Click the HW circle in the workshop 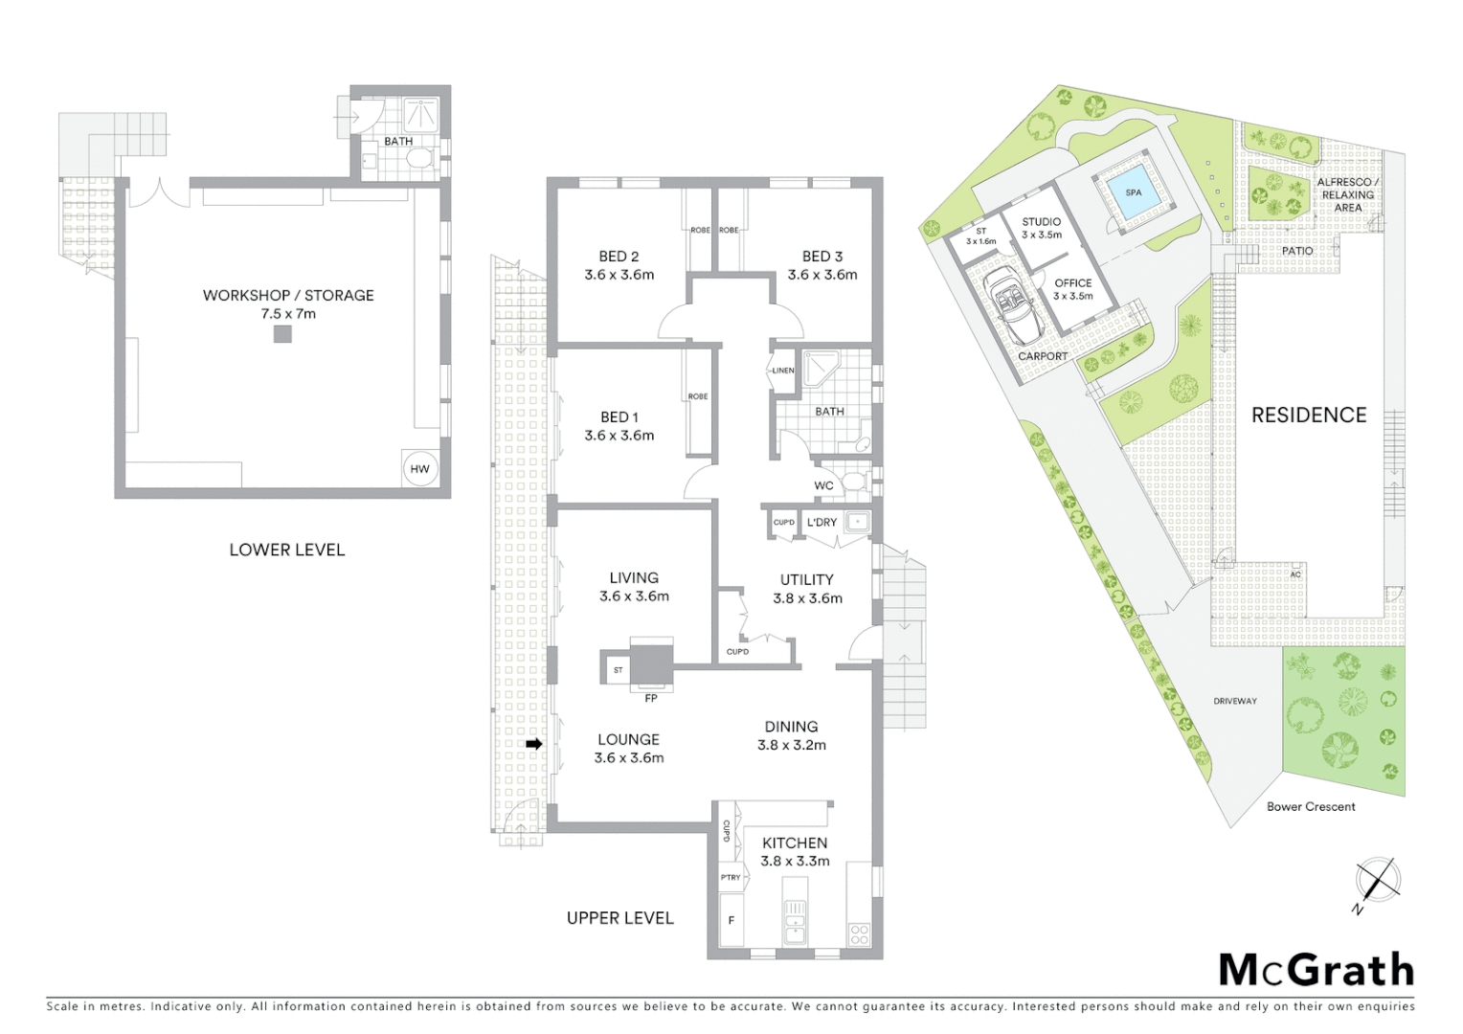(x=419, y=468)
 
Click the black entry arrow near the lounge (x=534, y=744)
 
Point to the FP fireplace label (x=651, y=698)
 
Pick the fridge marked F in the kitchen (x=731, y=920)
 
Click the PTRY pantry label (x=731, y=877)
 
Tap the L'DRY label (x=822, y=522)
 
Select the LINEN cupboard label (x=783, y=371)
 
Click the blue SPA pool (x=1134, y=193)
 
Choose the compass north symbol (x=1377, y=881)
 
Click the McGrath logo (x=1316, y=970)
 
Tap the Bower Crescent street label (x=1311, y=806)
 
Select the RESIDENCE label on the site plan (x=1309, y=415)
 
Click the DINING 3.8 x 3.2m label (x=791, y=735)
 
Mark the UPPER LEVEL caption (x=619, y=917)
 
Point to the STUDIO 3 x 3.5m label (x=1041, y=228)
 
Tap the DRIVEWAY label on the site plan (x=1235, y=701)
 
